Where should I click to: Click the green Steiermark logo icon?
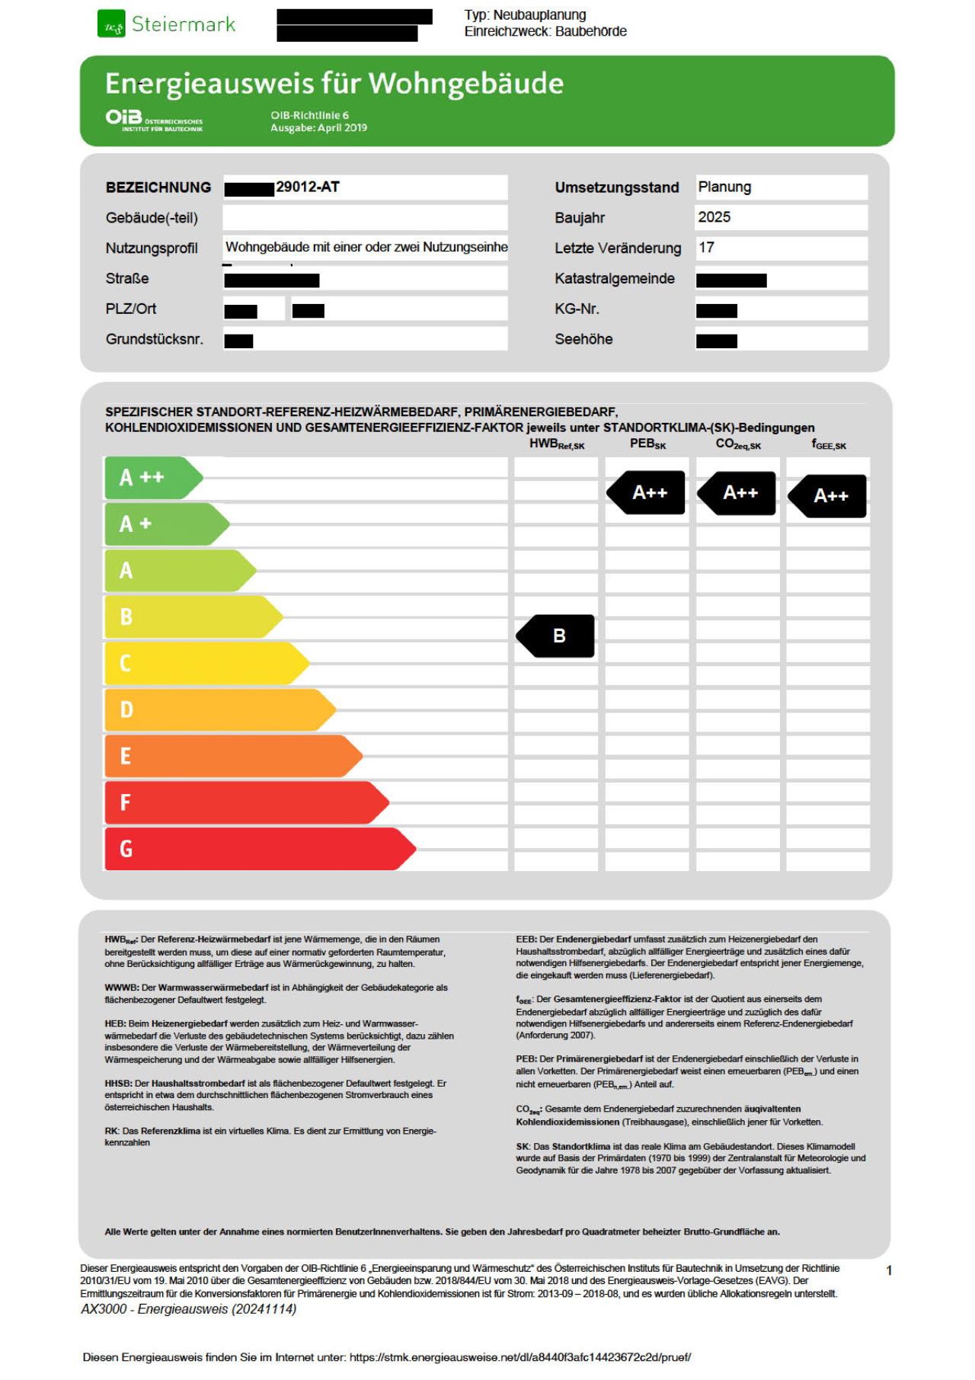[110, 24]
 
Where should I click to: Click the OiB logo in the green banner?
[124, 117]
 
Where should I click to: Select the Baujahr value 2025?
[714, 217]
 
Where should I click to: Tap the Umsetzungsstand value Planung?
[724, 187]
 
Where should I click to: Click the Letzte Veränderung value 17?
[706, 248]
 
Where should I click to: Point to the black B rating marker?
[556, 636]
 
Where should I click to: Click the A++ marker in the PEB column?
[647, 493]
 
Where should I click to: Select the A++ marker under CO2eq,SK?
[737, 493]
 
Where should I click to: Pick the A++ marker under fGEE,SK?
[828, 496]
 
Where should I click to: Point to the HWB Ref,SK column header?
[557, 444]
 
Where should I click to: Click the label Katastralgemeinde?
[614, 279]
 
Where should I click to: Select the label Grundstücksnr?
[154, 340]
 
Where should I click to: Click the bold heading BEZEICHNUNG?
[158, 187]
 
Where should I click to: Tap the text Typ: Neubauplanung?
[525, 15]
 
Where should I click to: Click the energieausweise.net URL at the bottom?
[520, 1357]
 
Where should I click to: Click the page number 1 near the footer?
[889, 1270]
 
